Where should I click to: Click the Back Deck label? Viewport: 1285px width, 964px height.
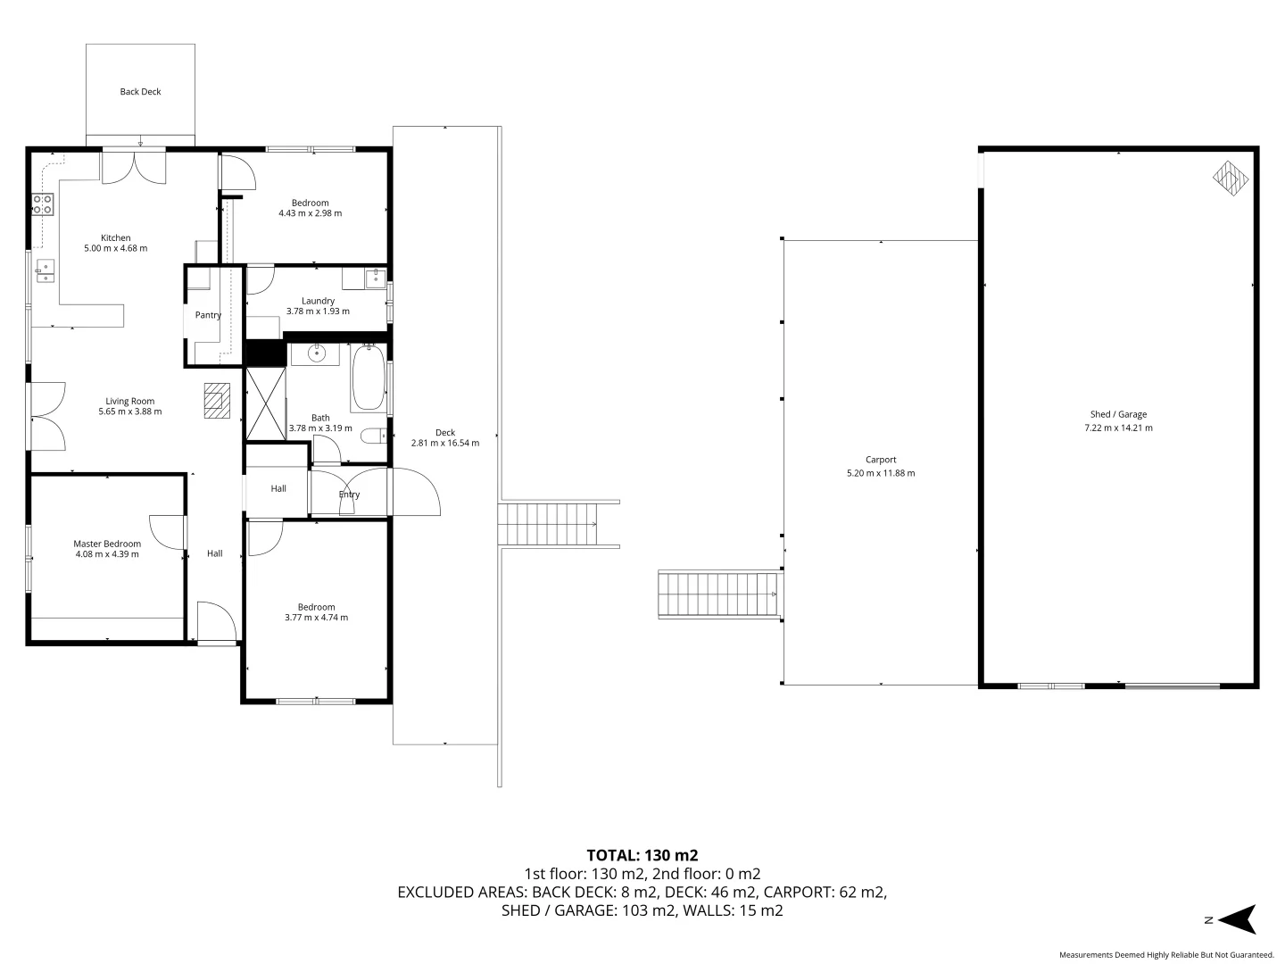[140, 92]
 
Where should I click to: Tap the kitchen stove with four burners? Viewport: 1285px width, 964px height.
[43, 204]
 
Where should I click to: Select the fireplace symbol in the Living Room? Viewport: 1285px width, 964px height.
[215, 401]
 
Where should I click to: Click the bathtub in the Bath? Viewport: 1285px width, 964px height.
[369, 378]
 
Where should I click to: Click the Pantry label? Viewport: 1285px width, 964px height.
[208, 315]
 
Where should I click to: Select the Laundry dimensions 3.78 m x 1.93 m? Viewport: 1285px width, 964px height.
[318, 312]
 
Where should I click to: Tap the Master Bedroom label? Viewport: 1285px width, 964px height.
[107, 544]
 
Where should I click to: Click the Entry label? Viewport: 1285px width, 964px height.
[349, 494]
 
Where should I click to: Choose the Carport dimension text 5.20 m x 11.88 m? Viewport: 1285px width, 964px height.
[880, 473]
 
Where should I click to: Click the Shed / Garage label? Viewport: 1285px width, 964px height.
[1118, 414]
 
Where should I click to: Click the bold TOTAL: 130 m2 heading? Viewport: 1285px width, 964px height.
[642, 854]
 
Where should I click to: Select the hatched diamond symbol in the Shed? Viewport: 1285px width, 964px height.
[1231, 178]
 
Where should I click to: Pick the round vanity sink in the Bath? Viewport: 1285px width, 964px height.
[315, 353]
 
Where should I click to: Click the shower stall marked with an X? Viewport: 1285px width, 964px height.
[265, 403]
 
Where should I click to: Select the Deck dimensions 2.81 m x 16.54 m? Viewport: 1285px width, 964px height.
[444, 443]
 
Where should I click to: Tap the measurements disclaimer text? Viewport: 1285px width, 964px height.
[1165, 954]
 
